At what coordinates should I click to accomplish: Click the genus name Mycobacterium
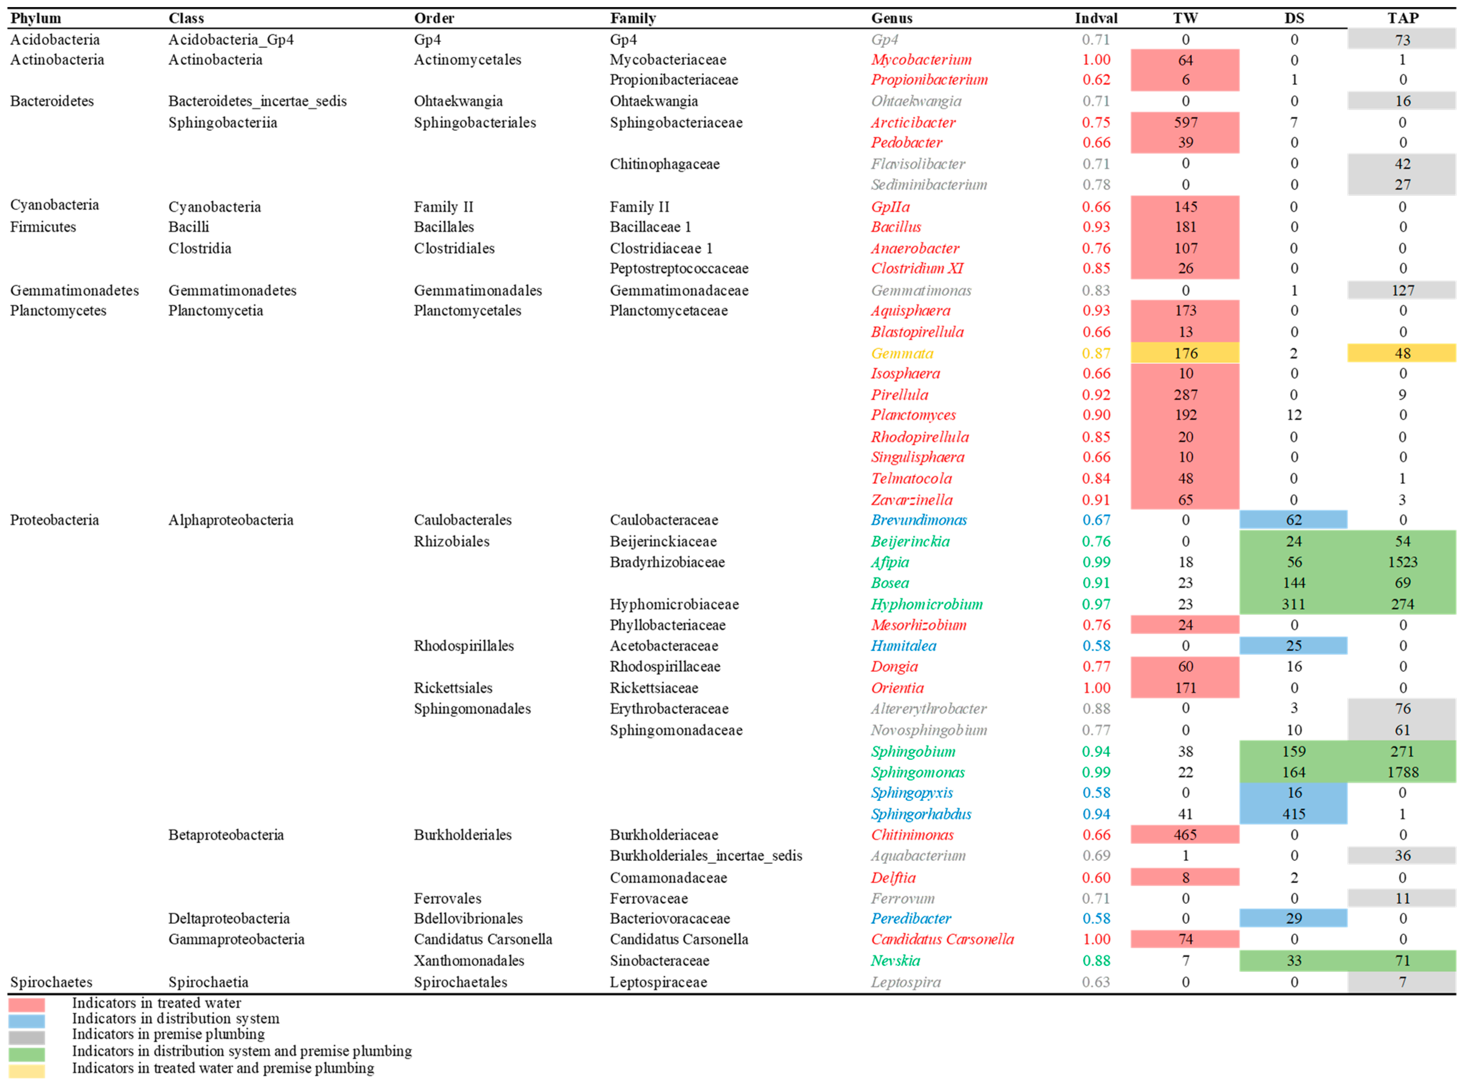(921, 60)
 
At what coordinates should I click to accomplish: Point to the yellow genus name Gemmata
(902, 353)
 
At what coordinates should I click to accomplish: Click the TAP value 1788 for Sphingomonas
(1403, 773)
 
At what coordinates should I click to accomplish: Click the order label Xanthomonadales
(469, 961)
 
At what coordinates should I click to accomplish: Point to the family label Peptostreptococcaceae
(679, 269)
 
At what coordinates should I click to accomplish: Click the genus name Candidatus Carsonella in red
(942, 940)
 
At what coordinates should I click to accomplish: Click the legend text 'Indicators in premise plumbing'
(168, 1034)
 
